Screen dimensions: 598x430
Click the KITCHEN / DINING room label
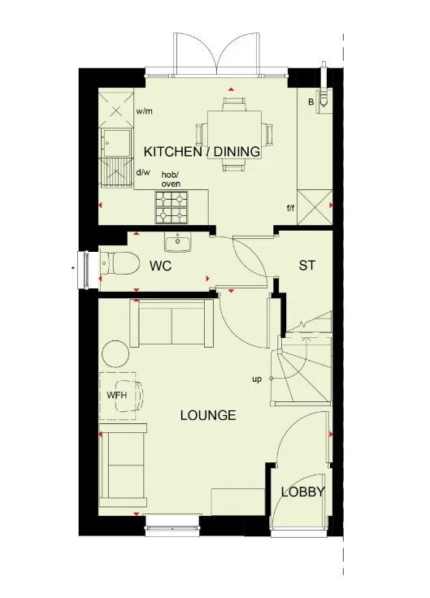(x=202, y=151)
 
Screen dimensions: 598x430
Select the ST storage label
(x=306, y=266)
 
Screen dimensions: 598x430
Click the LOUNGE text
(x=208, y=415)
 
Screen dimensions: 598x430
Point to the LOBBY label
(x=303, y=492)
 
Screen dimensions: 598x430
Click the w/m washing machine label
(x=146, y=111)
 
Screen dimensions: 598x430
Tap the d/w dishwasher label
(x=143, y=172)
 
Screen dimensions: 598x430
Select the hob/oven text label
(x=171, y=180)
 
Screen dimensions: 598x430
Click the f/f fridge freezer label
(x=290, y=208)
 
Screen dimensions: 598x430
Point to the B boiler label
(x=310, y=102)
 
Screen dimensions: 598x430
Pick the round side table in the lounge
(x=115, y=353)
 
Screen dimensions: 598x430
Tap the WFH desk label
(x=117, y=396)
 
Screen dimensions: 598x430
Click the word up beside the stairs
(x=257, y=379)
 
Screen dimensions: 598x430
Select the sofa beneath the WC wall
(x=174, y=321)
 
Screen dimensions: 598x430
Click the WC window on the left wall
(x=81, y=264)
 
